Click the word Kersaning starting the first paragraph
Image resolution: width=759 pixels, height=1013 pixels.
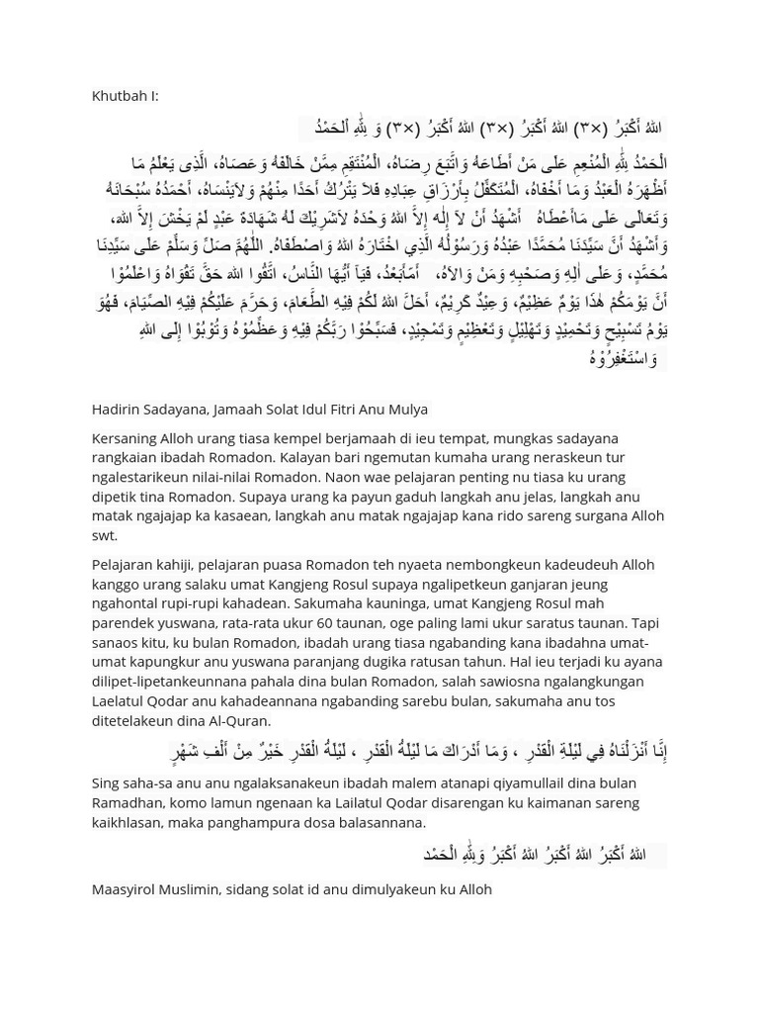[x=126, y=437]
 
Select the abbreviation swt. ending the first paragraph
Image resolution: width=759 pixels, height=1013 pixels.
[x=105, y=535]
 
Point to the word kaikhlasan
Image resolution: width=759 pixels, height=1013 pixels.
[x=129, y=822]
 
